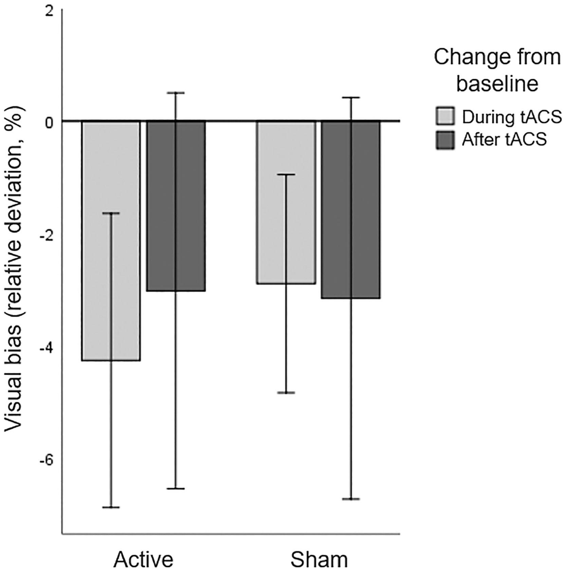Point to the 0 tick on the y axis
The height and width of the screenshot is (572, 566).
click(x=50, y=122)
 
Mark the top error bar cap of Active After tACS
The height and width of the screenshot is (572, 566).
click(x=176, y=92)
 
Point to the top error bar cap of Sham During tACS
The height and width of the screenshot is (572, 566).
click(x=286, y=174)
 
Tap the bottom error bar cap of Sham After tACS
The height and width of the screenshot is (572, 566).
click(x=351, y=499)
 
